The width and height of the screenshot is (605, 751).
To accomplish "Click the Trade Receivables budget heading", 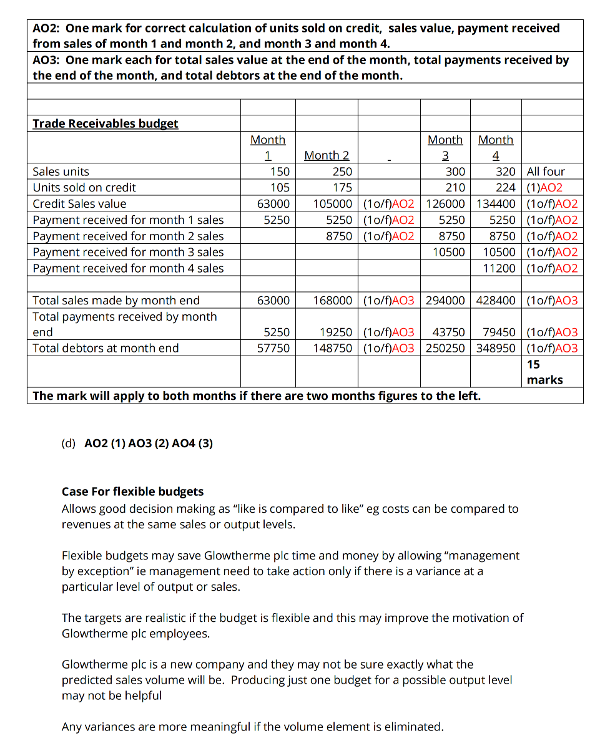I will (x=105, y=124).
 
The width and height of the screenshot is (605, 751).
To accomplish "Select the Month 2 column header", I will (x=327, y=155).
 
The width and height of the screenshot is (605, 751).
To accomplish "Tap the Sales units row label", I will (x=61, y=172).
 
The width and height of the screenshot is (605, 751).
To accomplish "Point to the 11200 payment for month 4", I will (x=499, y=268).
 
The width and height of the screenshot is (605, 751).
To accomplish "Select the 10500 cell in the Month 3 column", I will (x=449, y=252).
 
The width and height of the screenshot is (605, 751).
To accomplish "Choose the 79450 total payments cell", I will (x=499, y=332).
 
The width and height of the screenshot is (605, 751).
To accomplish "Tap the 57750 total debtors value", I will (x=273, y=348).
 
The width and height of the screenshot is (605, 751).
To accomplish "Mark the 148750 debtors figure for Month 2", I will (x=333, y=348).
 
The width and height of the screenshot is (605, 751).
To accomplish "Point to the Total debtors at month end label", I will (x=106, y=348).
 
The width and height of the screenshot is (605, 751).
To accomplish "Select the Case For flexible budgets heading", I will (x=132, y=492).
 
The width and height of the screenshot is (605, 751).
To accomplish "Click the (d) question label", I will (x=68, y=443).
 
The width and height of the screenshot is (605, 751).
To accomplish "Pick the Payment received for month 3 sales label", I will (x=128, y=252).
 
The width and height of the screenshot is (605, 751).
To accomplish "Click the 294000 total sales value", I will (x=445, y=301).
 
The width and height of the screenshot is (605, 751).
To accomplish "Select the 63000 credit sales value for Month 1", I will (x=273, y=204).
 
